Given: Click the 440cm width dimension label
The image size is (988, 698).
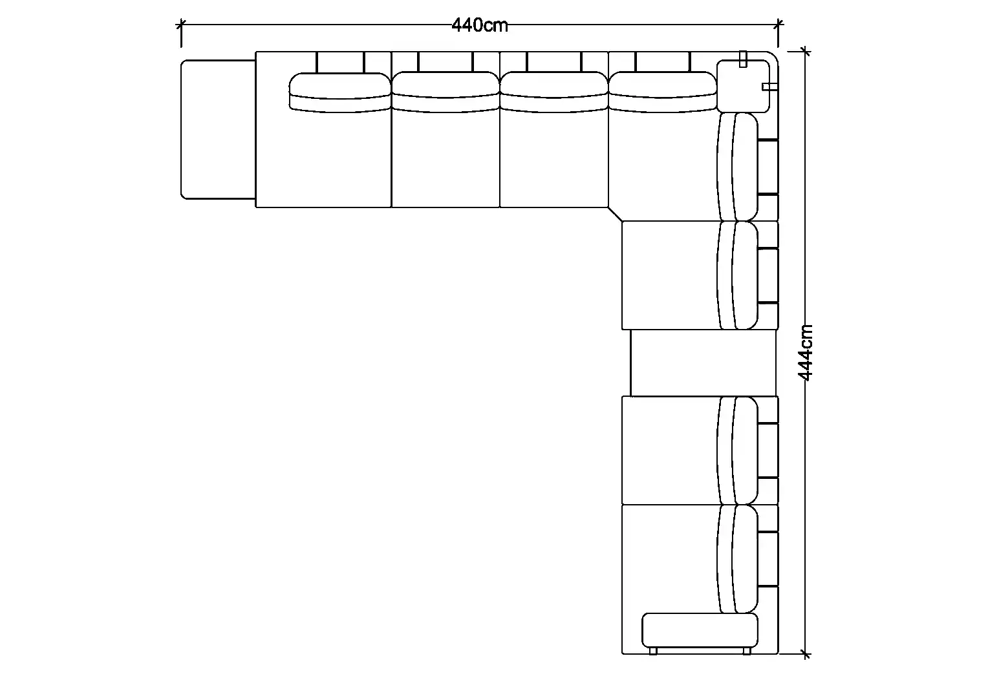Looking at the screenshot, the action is pyautogui.click(x=479, y=25).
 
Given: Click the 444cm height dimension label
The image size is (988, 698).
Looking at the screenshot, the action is pyautogui.click(x=806, y=352).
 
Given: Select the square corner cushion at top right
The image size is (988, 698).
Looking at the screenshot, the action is pyautogui.click(x=743, y=86).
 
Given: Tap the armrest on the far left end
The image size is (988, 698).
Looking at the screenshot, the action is pyautogui.click(x=218, y=129).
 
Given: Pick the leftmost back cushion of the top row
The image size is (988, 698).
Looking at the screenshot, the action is pyautogui.click(x=339, y=92).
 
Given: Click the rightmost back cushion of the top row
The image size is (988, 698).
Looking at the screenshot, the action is pyautogui.click(x=663, y=92).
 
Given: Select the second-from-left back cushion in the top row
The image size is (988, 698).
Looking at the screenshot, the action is pyautogui.click(x=446, y=92).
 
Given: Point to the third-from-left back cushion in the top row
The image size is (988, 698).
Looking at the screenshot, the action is pyautogui.click(x=554, y=92).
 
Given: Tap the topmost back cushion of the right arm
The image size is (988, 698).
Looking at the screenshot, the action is pyautogui.click(x=738, y=167).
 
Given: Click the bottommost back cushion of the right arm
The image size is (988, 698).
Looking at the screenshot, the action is pyautogui.click(x=738, y=558).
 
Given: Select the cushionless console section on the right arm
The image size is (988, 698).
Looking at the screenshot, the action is pyautogui.click(x=703, y=363).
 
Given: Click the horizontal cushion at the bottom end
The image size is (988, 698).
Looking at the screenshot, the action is pyautogui.click(x=700, y=630).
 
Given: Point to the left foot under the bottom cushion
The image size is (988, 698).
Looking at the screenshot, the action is pyautogui.click(x=653, y=651).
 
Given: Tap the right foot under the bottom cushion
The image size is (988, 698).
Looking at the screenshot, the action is pyautogui.click(x=747, y=651).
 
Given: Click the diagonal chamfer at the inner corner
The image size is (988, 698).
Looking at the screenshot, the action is pyautogui.click(x=616, y=215).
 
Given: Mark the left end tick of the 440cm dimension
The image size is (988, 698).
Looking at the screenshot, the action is pyautogui.click(x=181, y=25).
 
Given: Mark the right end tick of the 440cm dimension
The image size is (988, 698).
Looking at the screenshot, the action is pyautogui.click(x=779, y=25).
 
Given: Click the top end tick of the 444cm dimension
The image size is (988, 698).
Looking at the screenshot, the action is pyautogui.click(x=806, y=52).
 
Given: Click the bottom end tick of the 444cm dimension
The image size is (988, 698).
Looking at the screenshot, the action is pyautogui.click(x=806, y=653).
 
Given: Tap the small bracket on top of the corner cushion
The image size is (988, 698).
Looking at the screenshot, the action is pyautogui.click(x=743, y=59).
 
